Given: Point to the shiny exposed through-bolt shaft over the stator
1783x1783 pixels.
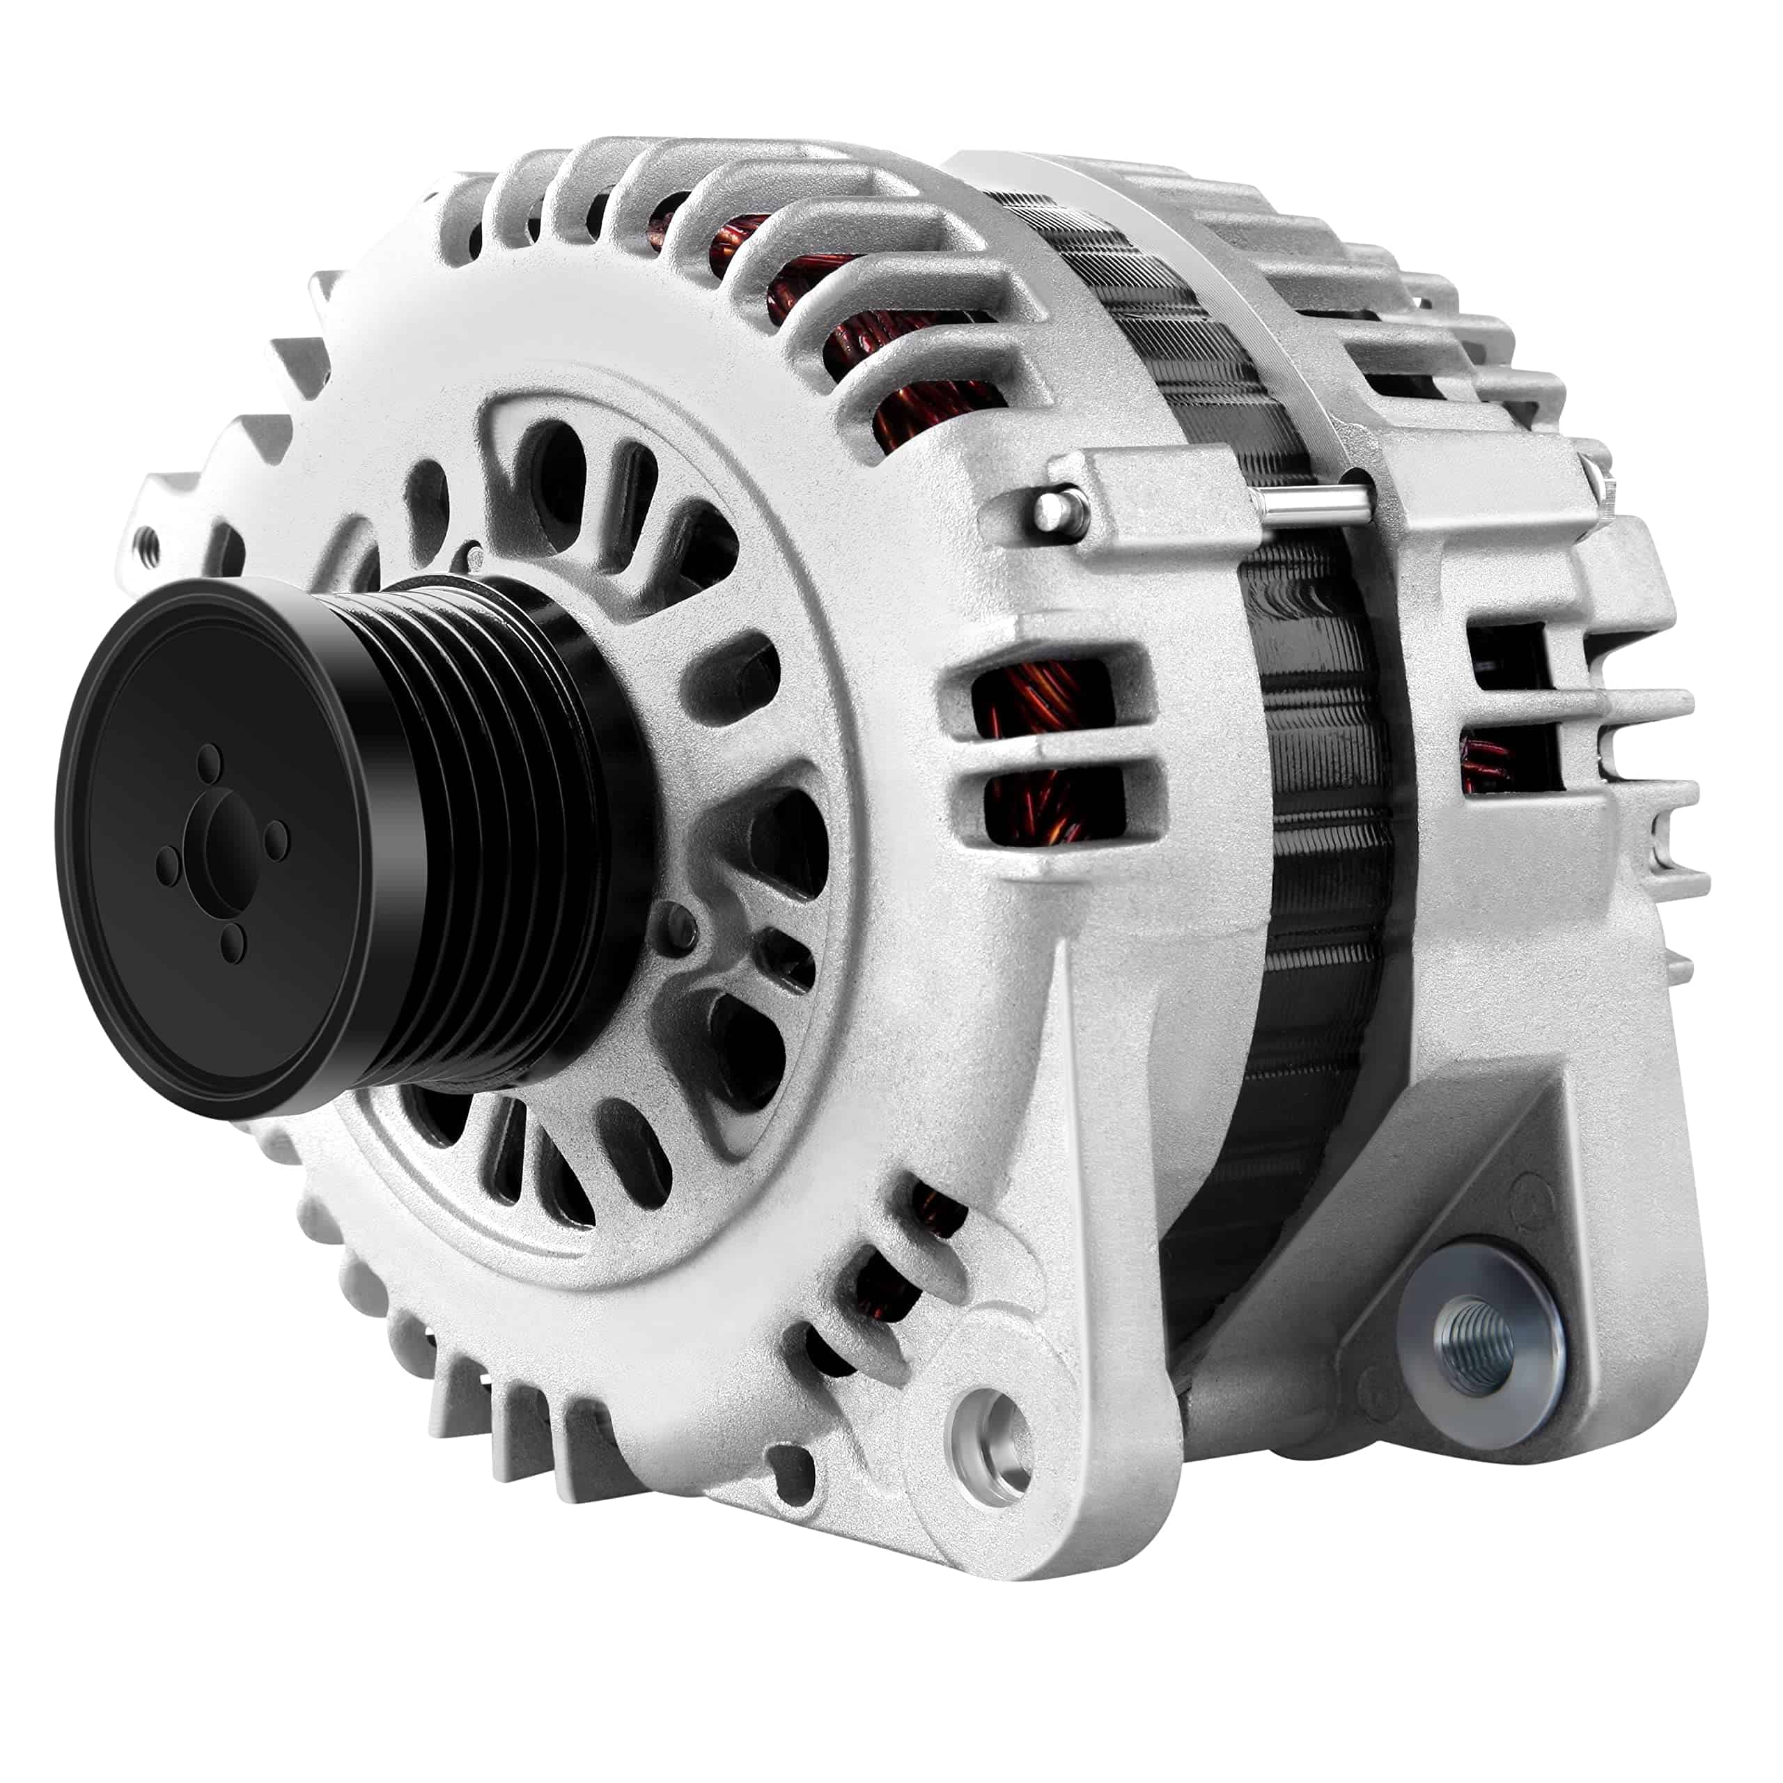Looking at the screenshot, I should point(1311,506).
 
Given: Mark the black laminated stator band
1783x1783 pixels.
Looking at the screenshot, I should point(1311,831).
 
